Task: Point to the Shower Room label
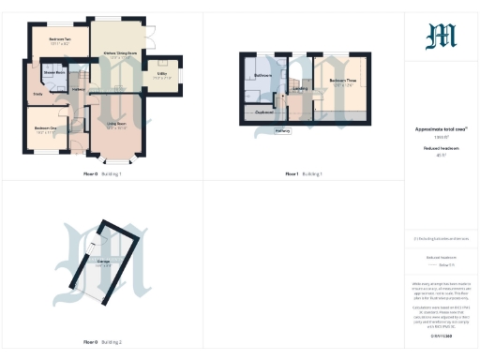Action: tap(53, 72)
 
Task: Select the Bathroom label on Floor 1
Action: tap(263, 75)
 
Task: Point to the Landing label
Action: tap(301, 89)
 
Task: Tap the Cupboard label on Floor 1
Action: tap(264, 112)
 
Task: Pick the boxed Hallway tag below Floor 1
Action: tap(282, 131)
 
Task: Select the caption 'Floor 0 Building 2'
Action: tap(103, 341)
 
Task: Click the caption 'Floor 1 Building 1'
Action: tap(304, 174)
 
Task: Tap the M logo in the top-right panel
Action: tap(441, 36)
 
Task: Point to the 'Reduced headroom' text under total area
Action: tap(441, 147)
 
